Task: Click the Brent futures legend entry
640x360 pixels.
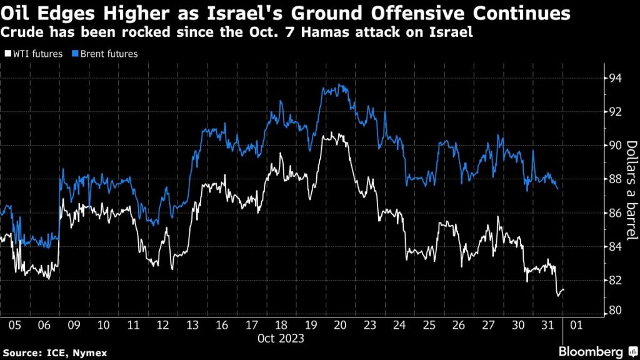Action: click(106, 54)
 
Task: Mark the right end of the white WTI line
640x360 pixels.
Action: click(564, 290)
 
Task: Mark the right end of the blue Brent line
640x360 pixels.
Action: click(557, 187)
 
